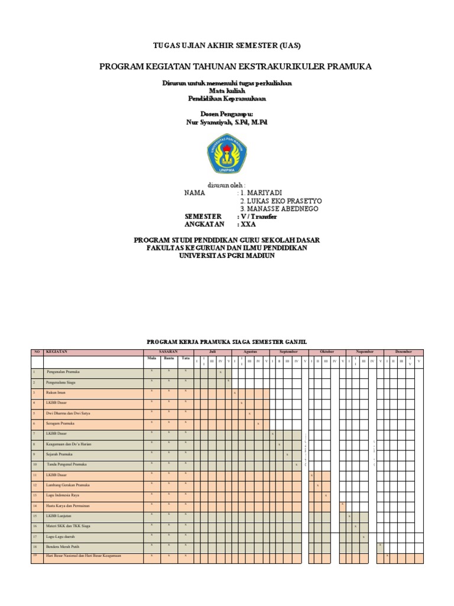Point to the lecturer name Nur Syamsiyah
(226, 122)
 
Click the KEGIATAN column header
(57, 352)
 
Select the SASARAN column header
(168, 352)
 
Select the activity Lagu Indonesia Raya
(63, 495)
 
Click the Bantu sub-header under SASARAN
(168, 359)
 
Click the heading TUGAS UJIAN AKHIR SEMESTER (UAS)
(227, 46)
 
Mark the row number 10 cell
(35, 465)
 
